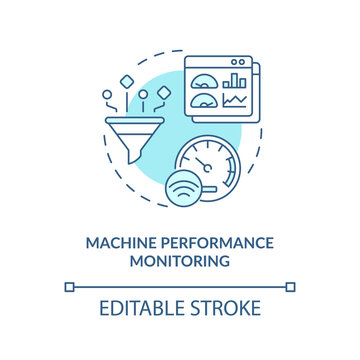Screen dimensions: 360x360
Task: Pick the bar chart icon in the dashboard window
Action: (236, 79)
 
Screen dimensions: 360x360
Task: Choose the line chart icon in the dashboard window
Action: (236, 100)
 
